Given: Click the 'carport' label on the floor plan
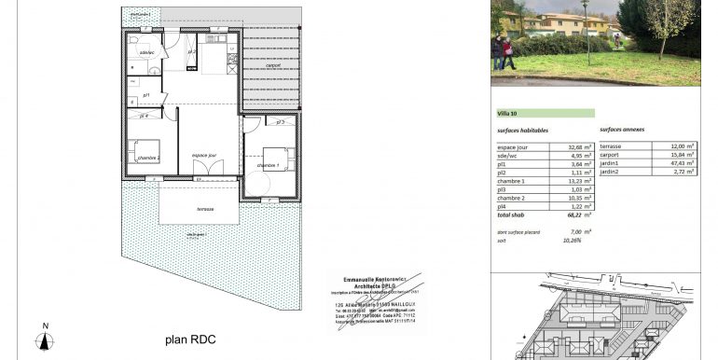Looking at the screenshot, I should [273, 65].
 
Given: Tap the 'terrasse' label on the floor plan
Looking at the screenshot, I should [205, 209].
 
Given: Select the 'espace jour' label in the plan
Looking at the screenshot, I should [204, 155].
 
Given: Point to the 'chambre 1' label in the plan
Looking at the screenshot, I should [272, 165].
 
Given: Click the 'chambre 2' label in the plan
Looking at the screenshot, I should [146, 159].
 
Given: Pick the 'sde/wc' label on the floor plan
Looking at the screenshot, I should [146, 52].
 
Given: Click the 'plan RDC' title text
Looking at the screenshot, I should [190, 339].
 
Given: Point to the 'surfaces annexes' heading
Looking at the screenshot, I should [622, 130].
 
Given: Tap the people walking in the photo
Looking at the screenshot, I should [504, 52].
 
